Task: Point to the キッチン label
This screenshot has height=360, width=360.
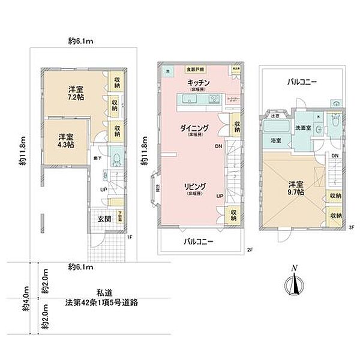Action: coord(197,82)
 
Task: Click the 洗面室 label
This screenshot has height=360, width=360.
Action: coord(302,127)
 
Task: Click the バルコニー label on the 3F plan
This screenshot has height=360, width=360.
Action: coord(301,81)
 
